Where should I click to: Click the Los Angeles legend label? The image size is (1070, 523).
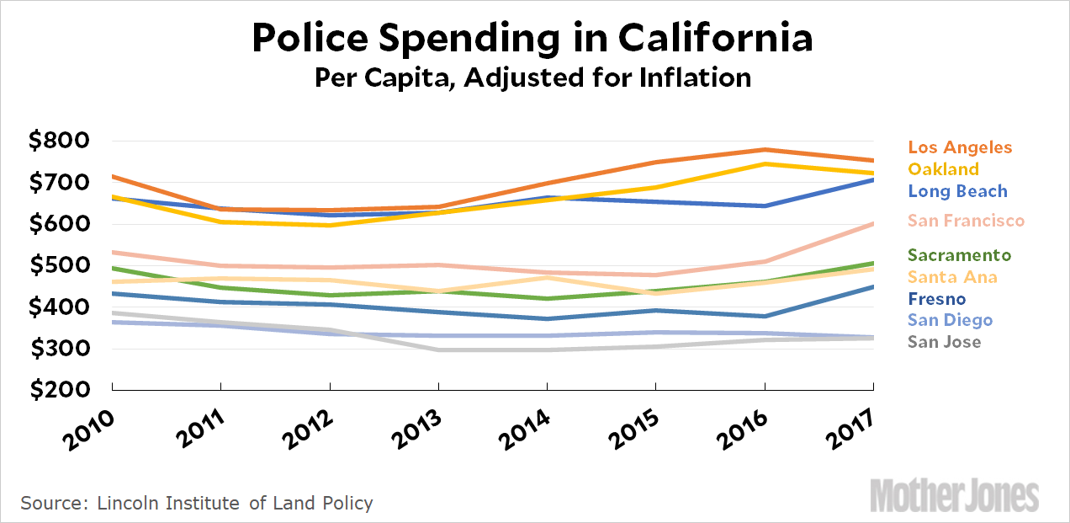(x=960, y=147)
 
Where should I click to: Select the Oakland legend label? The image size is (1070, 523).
(x=944, y=169)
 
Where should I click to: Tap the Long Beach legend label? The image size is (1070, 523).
(x=957, y=191)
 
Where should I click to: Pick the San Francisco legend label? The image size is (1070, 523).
(x=967, y=221)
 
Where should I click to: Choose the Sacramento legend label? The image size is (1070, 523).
(x=959, y=255)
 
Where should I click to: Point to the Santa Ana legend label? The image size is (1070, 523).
(x=952, y=277)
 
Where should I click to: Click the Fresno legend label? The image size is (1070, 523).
(x=937, y=299)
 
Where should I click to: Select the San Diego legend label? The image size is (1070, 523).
(x=951, y=320)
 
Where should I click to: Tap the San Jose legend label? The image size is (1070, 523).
(x=945, y=342)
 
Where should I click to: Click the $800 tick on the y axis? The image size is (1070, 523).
(x=59, y=141)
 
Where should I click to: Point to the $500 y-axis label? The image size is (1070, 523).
(x=59, y=265)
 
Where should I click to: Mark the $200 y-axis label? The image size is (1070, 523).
(x=59, y=390)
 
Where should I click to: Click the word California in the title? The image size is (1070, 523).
(x=717, y=39)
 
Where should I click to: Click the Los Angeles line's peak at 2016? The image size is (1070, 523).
(x=764, y=150)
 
